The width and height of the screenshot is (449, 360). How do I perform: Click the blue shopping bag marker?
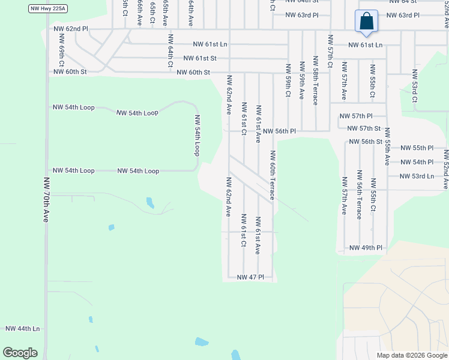[366, 23]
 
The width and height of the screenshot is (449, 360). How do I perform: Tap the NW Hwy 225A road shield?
[47, 9]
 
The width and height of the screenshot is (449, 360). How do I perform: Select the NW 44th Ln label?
[22, 329]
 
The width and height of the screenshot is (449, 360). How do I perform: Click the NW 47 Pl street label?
[250, 277]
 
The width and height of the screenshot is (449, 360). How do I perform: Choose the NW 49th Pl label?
[366, 248]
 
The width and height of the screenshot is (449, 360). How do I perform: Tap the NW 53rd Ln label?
[417, 176]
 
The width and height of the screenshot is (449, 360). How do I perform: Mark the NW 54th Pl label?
[417, 162]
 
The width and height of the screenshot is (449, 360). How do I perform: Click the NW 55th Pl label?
[417, 148]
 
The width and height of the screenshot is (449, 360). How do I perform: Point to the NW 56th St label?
[366, 142]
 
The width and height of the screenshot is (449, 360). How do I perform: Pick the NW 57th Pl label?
[356, 116]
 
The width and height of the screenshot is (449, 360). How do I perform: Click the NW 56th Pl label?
[280, 131]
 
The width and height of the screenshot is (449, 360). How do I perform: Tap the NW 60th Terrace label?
[273, 175]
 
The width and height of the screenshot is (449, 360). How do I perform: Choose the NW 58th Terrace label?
[315, 81]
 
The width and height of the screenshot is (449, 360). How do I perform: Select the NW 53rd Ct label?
[414, 86]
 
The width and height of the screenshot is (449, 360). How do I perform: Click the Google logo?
[20, 352]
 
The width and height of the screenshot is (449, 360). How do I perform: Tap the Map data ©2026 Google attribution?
[411, 355]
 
